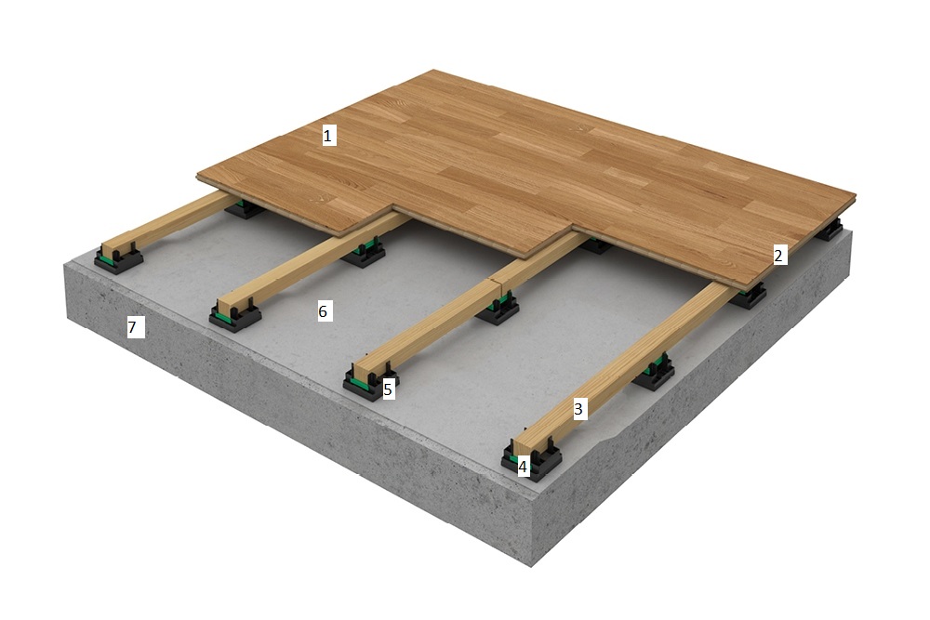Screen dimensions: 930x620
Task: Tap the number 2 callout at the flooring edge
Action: point(778,256)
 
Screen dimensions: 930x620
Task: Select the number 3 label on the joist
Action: point(578,408)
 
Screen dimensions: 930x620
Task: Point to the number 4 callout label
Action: point(523,467)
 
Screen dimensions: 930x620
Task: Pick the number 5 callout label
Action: point(388,389)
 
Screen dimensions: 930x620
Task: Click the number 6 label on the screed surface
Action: point(323,310)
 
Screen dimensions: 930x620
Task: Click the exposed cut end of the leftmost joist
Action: point(112,249)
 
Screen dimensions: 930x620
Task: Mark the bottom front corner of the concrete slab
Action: point(531,566)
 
